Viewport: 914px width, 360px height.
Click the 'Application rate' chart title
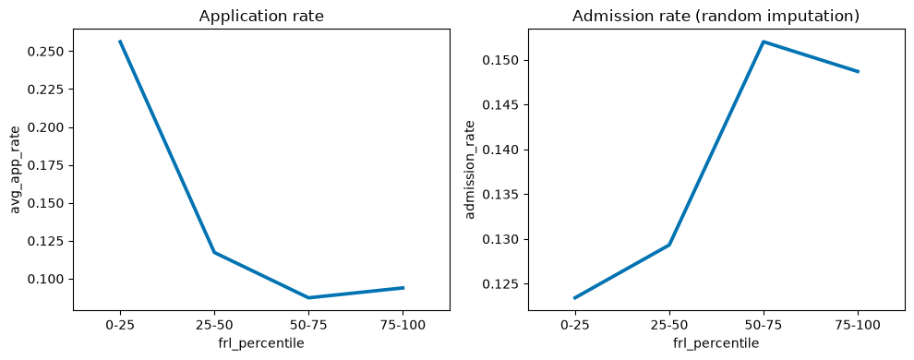[x=261, y=17]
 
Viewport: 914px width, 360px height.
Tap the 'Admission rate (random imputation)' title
[x=716, y=17]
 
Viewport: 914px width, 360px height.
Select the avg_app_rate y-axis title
[x=16, y=169]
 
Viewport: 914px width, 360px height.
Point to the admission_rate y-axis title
[x=471, y=169]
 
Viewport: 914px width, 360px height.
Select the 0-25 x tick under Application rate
[x=120, y=325]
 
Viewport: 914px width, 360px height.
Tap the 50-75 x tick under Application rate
[x=309, y=325]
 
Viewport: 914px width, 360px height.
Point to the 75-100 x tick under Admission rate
[x=858, y=325]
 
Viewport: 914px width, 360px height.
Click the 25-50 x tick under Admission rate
[x=669, y=325]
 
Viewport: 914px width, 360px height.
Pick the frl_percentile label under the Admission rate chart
[x=716, y=343]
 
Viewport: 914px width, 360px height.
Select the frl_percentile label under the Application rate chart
[x=261, y=343]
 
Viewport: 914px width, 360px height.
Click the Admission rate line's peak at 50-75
[x=764, y=42]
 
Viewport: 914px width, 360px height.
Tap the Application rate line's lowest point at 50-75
[x=309, y=297]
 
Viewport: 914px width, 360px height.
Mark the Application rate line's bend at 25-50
[x=214, y=252]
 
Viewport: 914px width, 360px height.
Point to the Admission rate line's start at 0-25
[x=575, y=298]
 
